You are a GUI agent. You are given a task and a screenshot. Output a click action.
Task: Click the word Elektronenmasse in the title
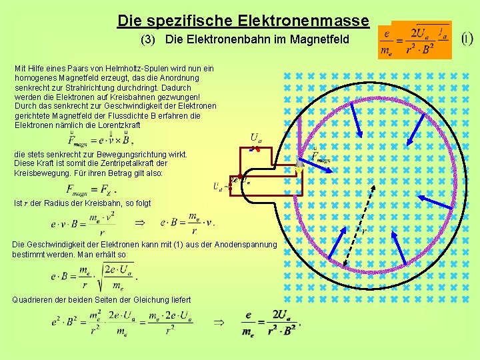pyautogui.click(x=313, y=21)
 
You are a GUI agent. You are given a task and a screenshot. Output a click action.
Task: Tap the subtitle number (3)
pyautogui.click(x=150, y=40)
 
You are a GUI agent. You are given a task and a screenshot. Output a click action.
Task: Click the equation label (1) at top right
pyautogui.click(x=467, y=38)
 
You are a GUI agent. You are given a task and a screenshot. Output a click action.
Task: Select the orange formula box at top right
pyautogui.click(x=414, y=41)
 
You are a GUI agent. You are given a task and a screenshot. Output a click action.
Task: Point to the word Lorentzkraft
pyautogui.click(x=117, y=125)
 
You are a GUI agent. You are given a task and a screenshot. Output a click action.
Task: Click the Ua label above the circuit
pyautogui.click(x=255, y=138)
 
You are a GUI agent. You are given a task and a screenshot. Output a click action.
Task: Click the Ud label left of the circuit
pyautogui.click(x=217, y=186)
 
